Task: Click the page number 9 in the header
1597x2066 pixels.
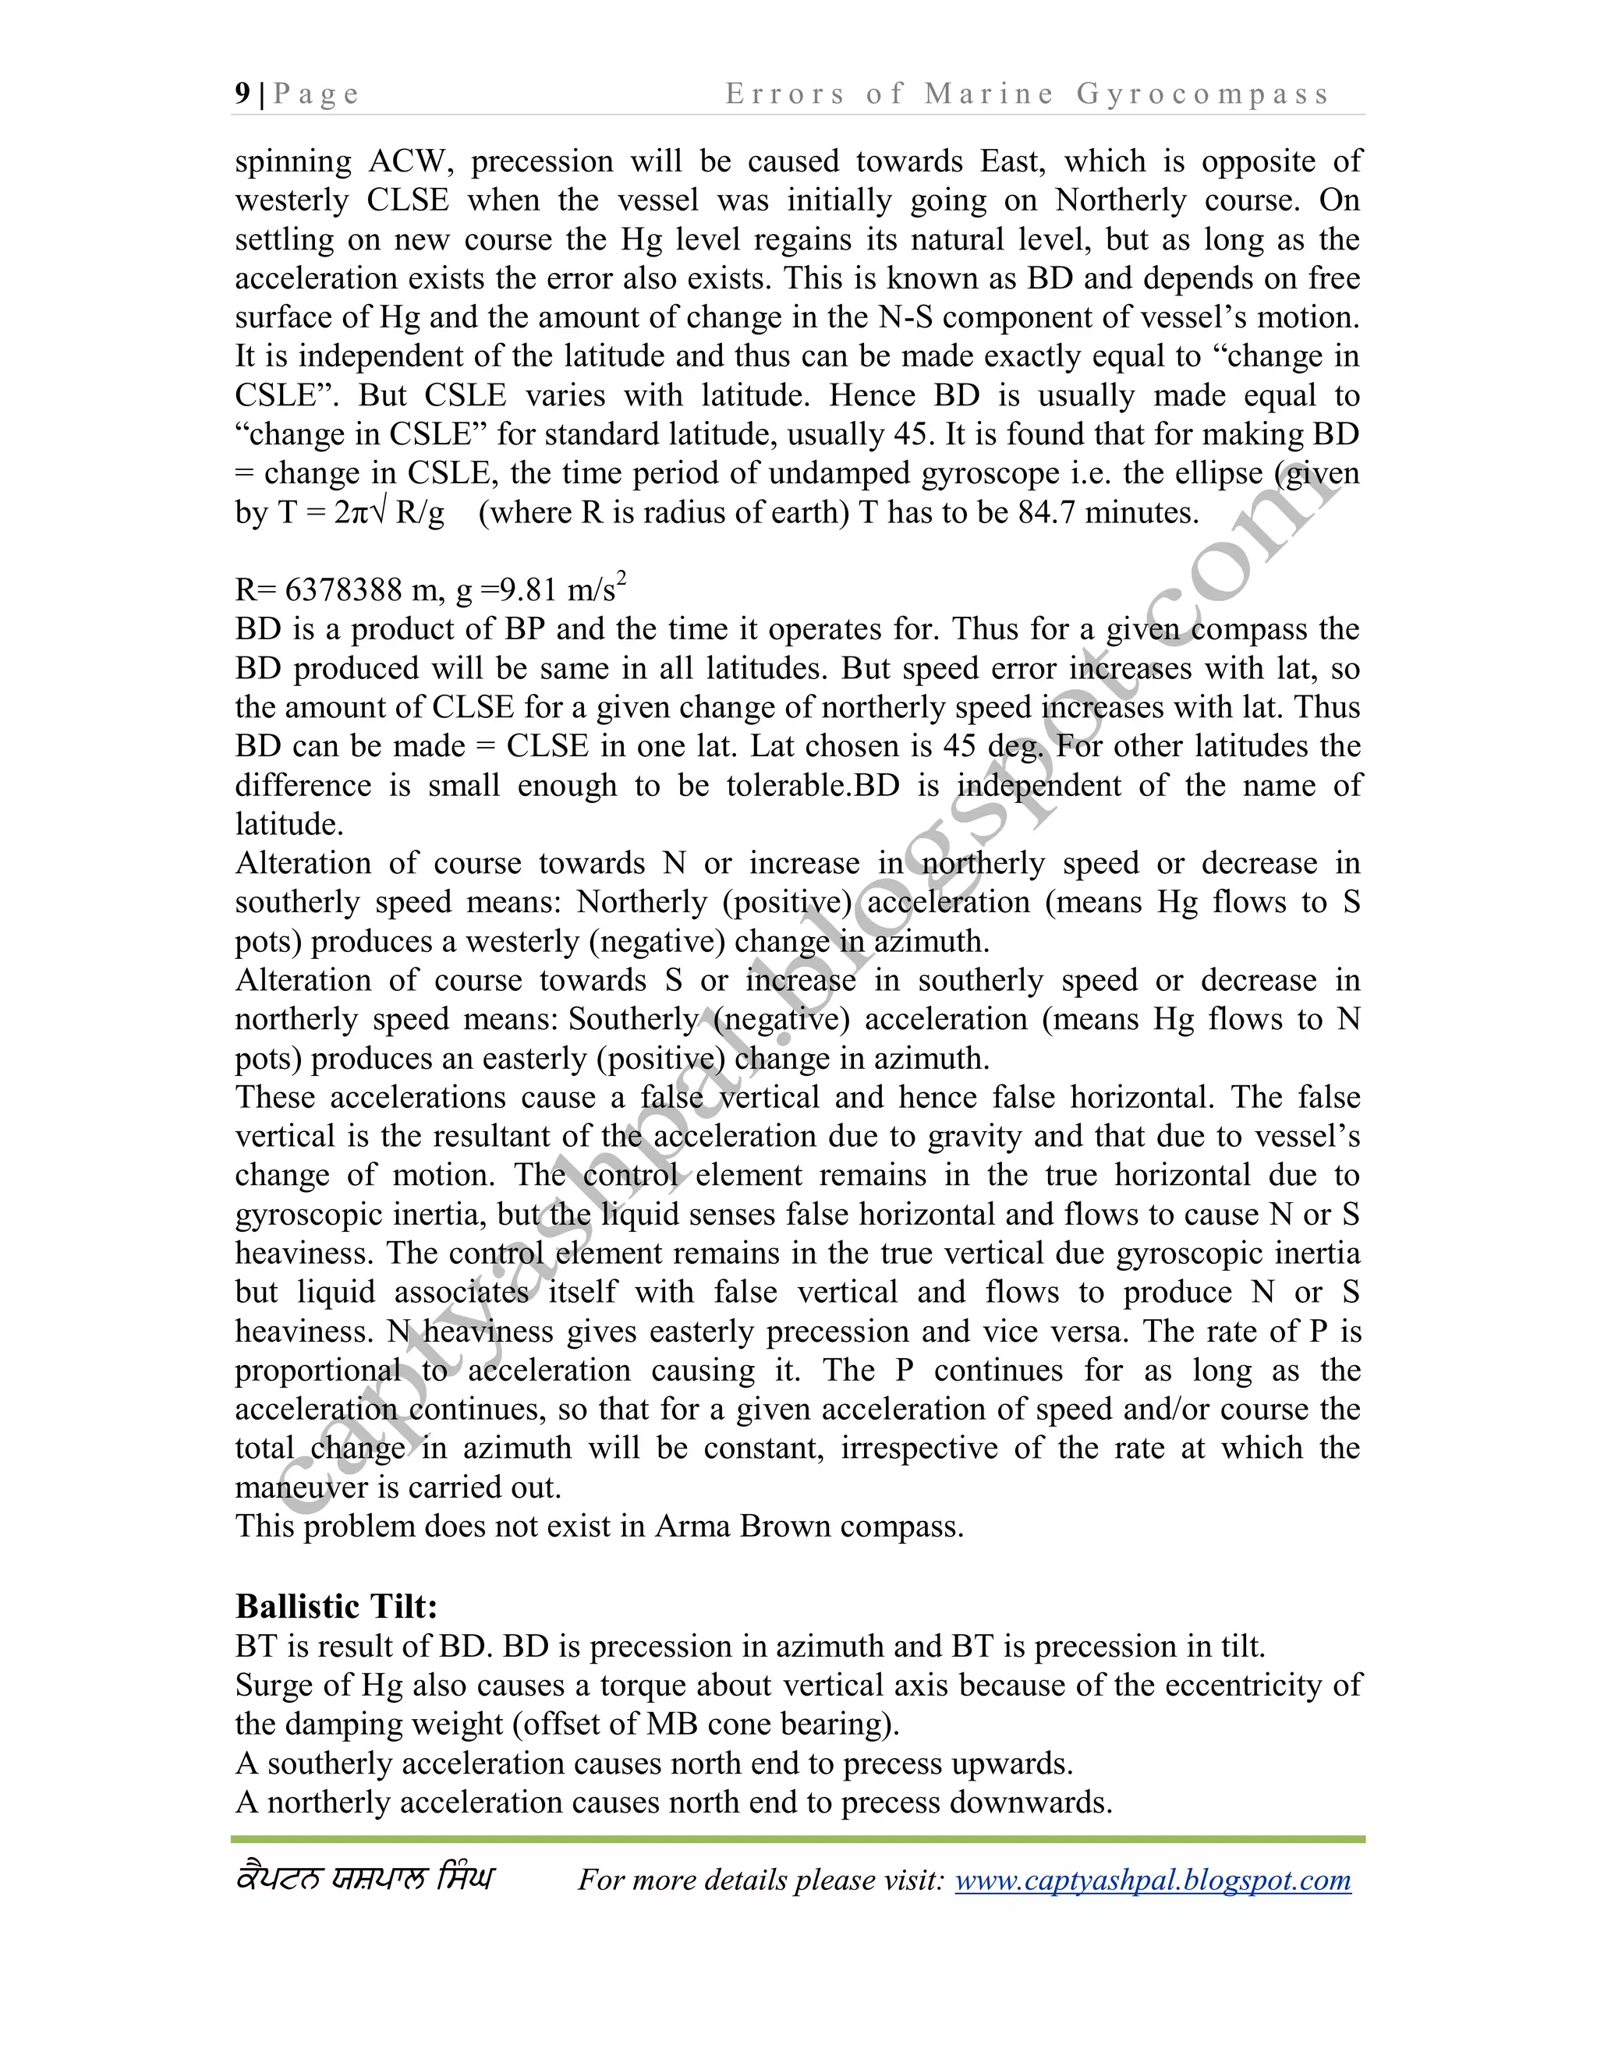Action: [243, 94]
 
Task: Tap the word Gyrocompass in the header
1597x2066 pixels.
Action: [1202, 94]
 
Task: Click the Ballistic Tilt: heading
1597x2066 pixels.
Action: [336, 1606]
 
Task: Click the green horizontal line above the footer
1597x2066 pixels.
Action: [798, 1840]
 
